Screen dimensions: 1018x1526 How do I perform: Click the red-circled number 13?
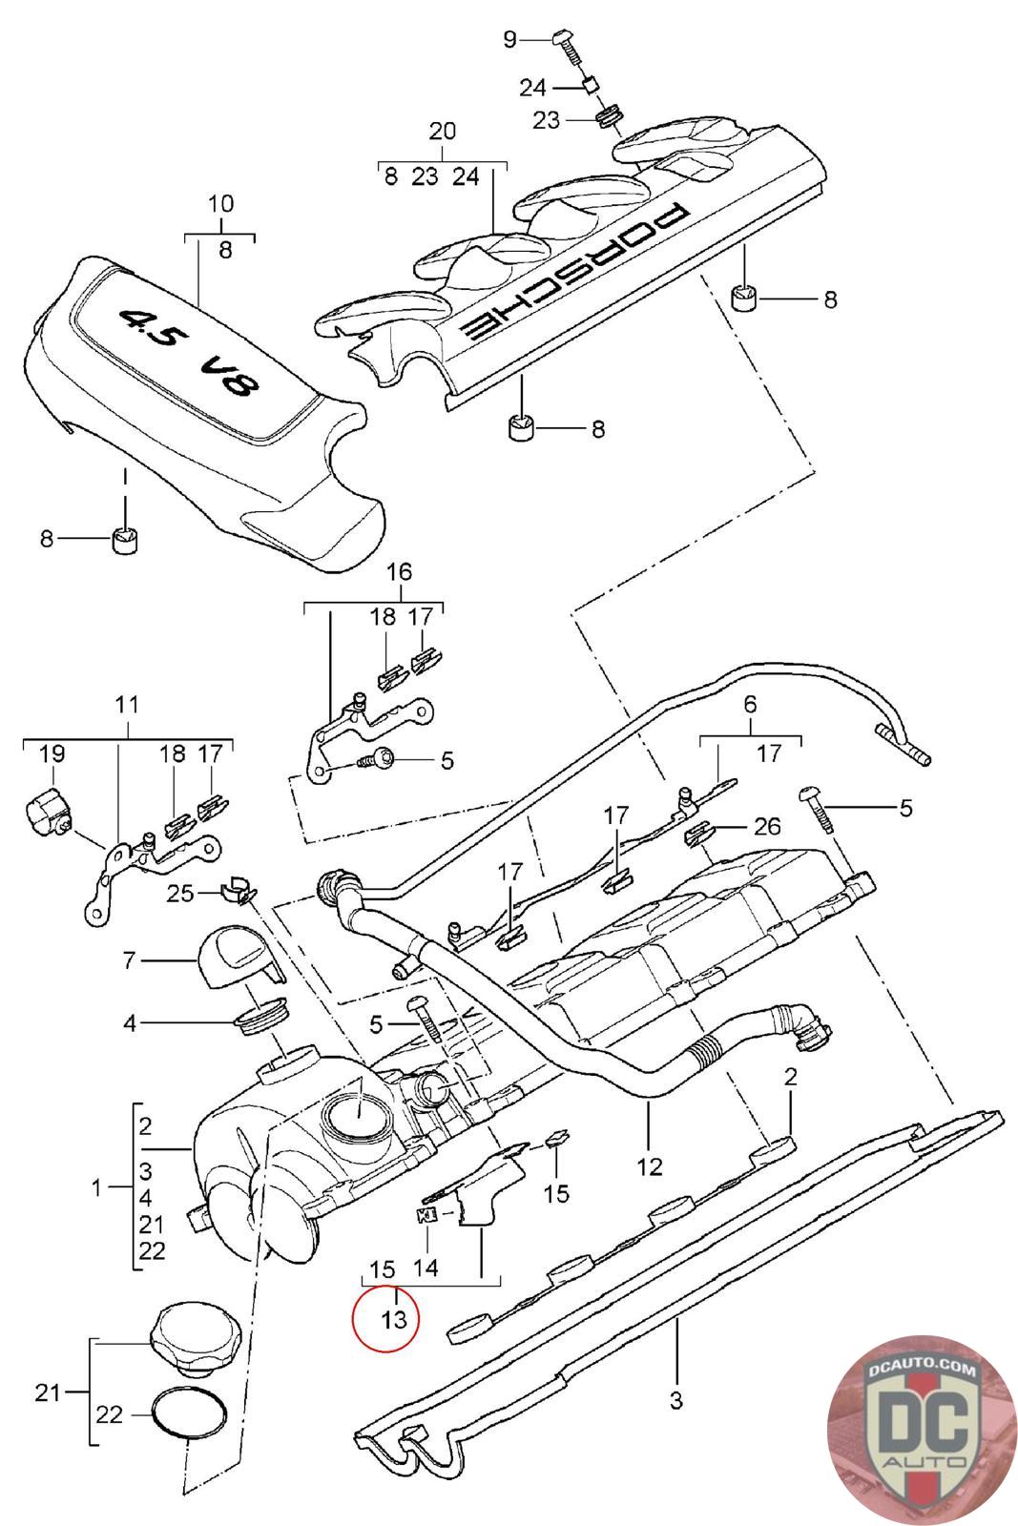pos(394,1320)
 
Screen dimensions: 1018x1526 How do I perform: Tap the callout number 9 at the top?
pos(510,39)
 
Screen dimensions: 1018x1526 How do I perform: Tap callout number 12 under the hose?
pos(649,1166)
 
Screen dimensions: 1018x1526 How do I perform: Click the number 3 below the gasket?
pos(675,1400)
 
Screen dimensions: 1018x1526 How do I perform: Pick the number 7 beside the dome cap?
pos(129,959)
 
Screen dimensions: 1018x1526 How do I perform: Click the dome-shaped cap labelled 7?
pos(239,958)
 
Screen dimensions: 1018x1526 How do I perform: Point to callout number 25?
pos(180,893)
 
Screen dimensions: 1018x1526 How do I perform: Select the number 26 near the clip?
pos(766,826)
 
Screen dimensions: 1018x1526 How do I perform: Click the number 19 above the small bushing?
pos(52,753)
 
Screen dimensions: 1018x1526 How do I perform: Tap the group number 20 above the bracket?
pos(442,130)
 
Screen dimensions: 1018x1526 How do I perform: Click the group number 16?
pos(399,571)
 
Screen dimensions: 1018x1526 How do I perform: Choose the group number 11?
pos(128,704)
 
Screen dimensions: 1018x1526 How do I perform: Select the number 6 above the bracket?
pos(750,704)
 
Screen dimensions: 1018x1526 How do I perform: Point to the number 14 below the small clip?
pos(426,1268)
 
